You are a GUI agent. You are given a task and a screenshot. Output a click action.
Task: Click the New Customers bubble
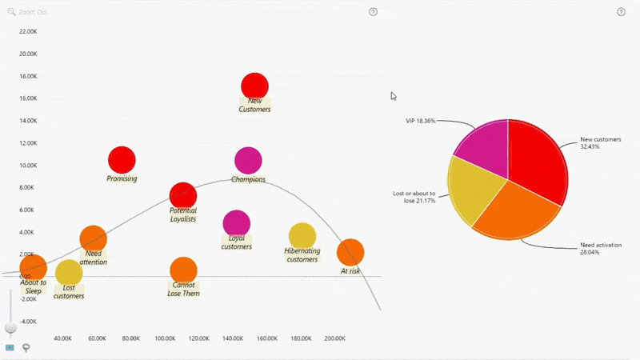click(254, 86)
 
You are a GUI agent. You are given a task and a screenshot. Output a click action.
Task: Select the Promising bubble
click(122, 160)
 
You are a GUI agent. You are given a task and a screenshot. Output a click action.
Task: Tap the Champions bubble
click(248, 161)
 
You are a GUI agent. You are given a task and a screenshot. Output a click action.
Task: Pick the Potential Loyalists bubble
click(183, 195)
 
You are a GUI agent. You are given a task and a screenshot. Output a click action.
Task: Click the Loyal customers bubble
click(236, 223)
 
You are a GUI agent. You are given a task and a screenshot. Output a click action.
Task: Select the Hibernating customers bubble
click(302, 236)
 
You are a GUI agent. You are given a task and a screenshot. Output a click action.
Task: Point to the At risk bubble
click(350, 252)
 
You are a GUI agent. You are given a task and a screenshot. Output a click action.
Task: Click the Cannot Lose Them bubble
click(184, 270)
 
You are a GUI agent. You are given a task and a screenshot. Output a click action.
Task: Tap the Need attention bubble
click(94, 238)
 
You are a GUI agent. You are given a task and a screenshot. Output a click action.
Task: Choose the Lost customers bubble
click(69, 272)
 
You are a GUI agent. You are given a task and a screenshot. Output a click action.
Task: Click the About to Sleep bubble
click(33, 267)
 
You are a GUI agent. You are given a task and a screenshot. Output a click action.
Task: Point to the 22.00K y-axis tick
click(28, 32)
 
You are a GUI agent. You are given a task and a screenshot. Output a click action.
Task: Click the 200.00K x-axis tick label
click(335, 338)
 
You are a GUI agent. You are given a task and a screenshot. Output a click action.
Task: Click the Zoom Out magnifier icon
click(10, 12)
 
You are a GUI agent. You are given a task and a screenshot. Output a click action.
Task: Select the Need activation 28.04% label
click(601, 248)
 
